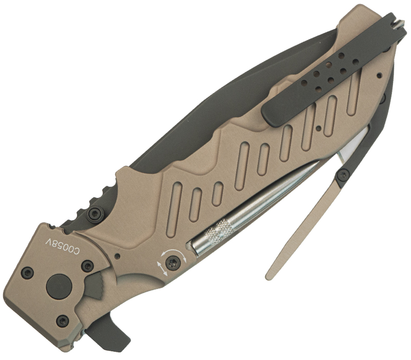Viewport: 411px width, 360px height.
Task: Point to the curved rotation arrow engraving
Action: (174, 252)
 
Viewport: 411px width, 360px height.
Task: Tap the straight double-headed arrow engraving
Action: (162, 268)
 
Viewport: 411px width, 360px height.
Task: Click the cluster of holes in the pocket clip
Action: (328, 73)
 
